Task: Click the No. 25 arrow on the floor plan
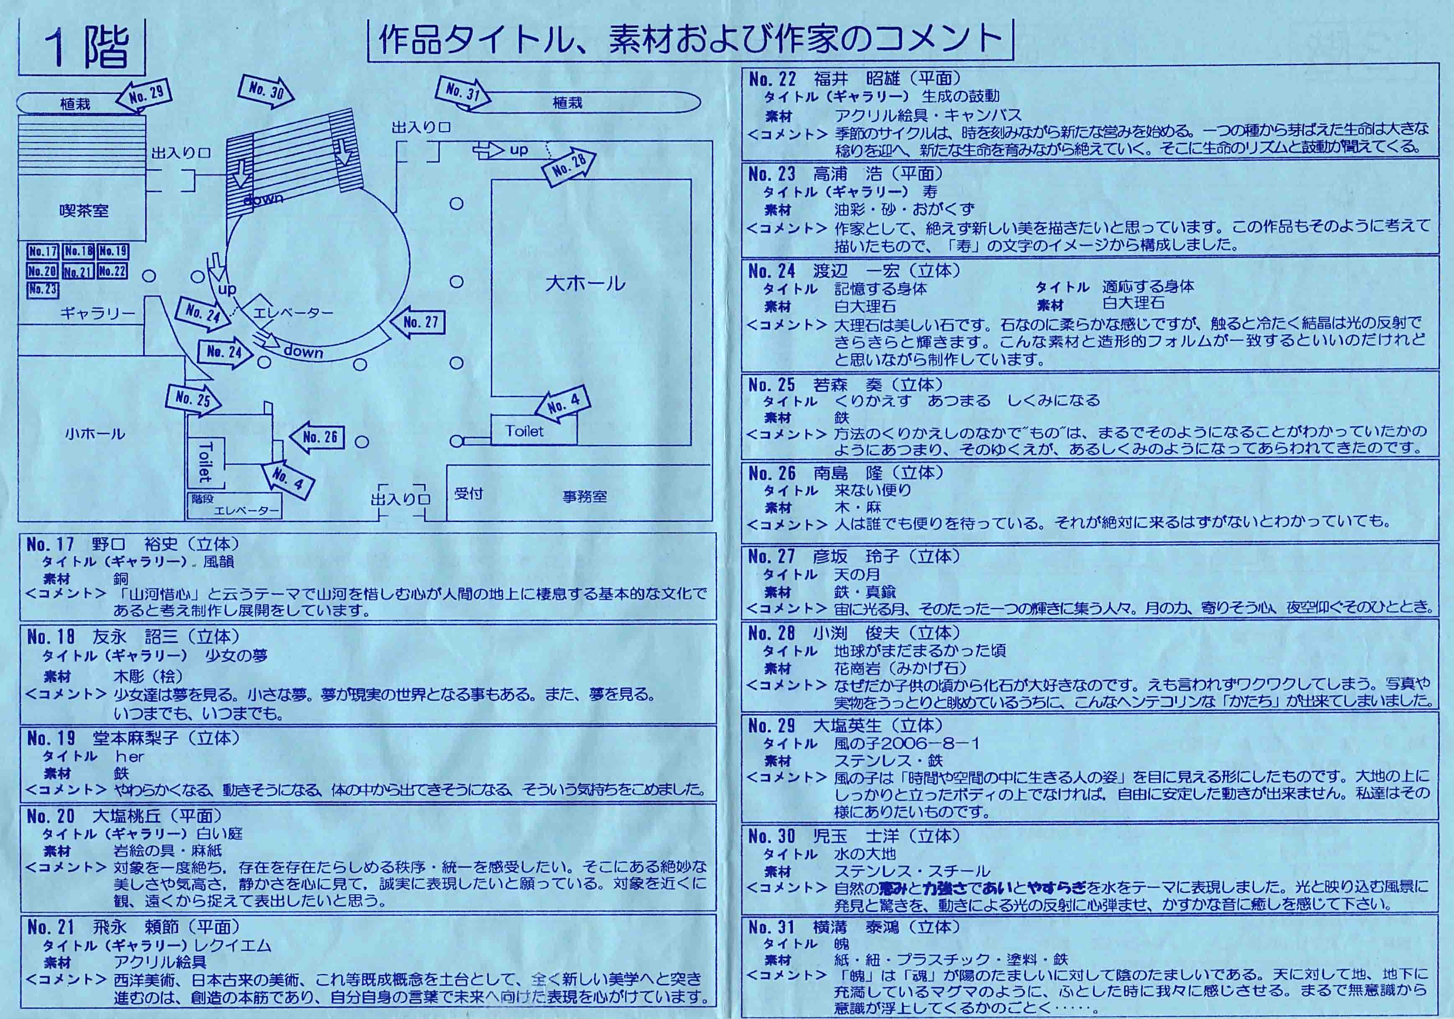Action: (x=194, y=399)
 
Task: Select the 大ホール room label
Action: (x=585, y=283)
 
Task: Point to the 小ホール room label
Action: (x=95, y=434)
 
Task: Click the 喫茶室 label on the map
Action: (x=84, y=211)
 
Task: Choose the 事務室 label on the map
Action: (x=585, y=497)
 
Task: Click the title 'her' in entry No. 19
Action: (x=130, y=757)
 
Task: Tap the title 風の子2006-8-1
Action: (x=907, y=743)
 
